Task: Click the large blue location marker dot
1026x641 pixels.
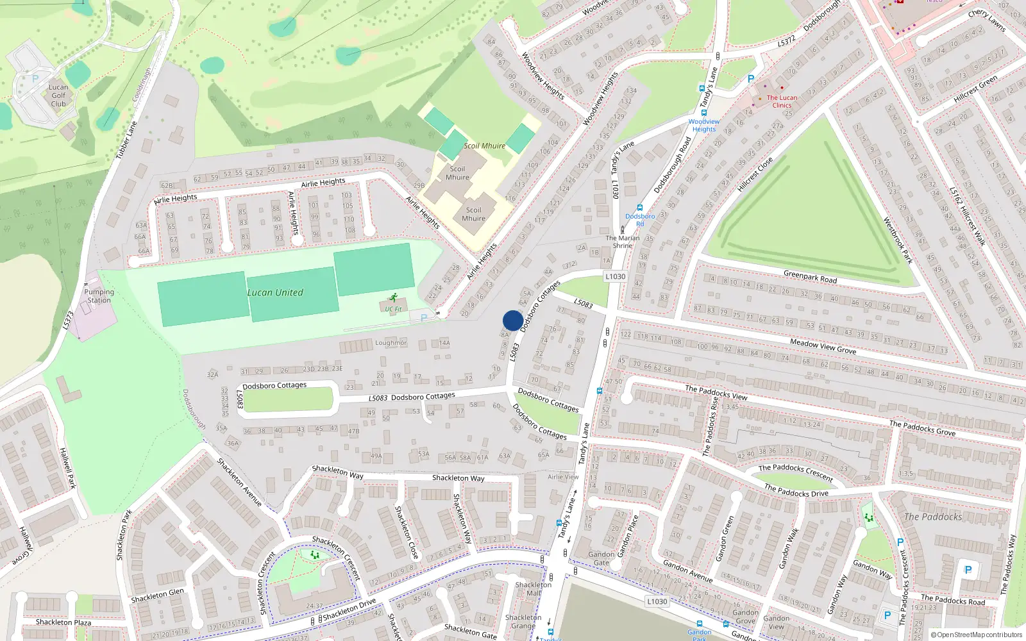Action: (x=513, y=320)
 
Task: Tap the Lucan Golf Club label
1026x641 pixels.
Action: (x=58, y=96)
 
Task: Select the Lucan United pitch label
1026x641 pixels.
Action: (x=275, y=292)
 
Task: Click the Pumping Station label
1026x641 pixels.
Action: (x=99, y=296)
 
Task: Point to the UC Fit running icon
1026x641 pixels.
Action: (x=393, y=298)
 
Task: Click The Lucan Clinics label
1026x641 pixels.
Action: (x=782, y=101)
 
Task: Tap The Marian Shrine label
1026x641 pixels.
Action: (x=623, y=242)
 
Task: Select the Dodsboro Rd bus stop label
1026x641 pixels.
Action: (x=640, y=220)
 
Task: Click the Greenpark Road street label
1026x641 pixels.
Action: (x=810, y=277)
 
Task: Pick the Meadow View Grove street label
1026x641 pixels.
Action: (x=823, y=347)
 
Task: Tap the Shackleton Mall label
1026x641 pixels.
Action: (x=533, y=588)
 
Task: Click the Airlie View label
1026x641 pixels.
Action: (x=563, y=477)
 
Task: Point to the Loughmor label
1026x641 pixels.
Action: (x=391, y=343)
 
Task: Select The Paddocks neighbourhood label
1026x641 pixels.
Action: (x=933, y=517)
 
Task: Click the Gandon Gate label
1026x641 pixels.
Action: (x=601, y=558)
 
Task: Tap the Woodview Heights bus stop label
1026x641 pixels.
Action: (x=703, y=125)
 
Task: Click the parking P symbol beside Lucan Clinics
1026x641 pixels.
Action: (x=750, y=79)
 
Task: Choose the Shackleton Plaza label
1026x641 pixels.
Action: (x=63, y=622)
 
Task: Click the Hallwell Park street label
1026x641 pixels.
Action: (x=67, y=468)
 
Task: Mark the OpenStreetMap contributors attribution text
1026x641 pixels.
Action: (x=977, y=635)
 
